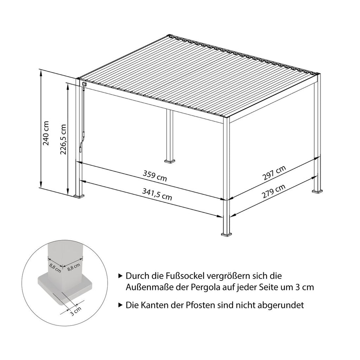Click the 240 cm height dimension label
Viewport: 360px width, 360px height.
(46, 133)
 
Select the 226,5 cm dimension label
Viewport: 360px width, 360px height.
(63, 139)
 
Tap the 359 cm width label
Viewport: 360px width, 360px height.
(155, 176)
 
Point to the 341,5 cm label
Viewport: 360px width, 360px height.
(157, 194)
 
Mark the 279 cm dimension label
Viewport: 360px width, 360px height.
(274, 192)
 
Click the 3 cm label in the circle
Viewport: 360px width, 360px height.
(76, 311)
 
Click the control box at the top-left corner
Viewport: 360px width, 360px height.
(84, 84)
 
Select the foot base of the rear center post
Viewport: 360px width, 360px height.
(170, 161)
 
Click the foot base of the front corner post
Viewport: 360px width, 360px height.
(227, 234)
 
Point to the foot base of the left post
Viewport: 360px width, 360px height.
(79, 196)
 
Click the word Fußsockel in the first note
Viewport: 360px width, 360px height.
(181, 276)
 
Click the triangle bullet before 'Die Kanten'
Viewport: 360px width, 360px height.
(120, 305)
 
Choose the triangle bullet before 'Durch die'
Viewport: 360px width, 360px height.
(120, 276)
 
